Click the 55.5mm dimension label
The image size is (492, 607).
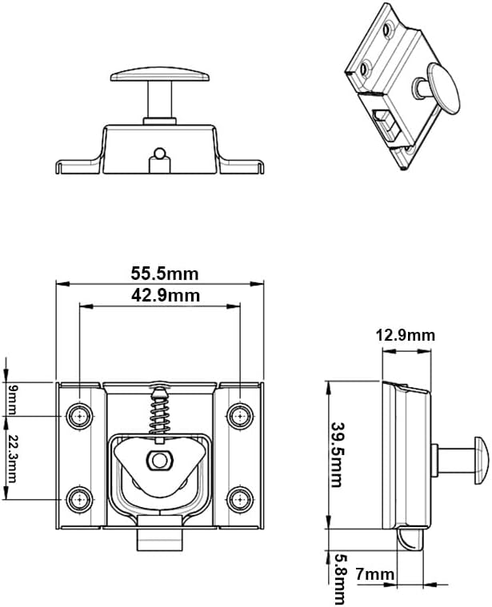[164, 273]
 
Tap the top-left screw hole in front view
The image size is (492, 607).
[79, 416]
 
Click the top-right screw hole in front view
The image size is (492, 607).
[239, 416]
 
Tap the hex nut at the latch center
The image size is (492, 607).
[160, 460]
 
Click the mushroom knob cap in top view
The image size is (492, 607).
[160, 75]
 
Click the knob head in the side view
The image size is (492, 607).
[481, 460]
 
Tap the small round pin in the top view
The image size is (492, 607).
[160, 153]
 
